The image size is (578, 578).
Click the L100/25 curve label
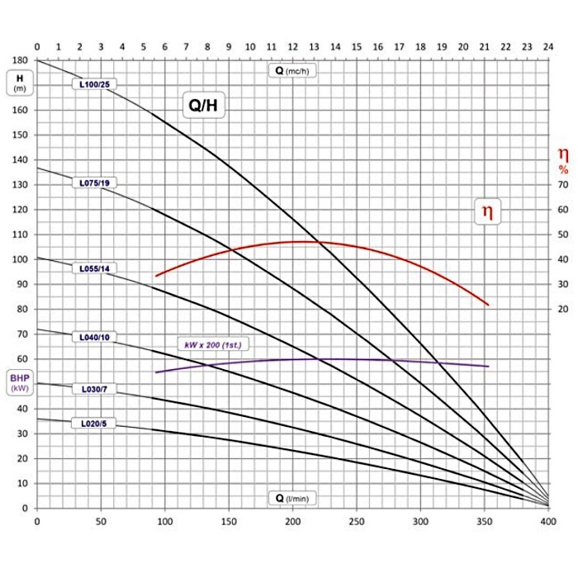point(94,84)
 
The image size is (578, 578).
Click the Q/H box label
point(202,106)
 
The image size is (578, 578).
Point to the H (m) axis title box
point(18,84)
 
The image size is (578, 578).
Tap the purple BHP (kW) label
point(18,384)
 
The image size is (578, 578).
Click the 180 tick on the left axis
point(19,60)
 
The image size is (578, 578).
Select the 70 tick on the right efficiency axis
point(563,185)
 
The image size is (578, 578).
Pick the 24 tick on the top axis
point(548,47)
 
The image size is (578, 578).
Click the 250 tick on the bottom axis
point(357,522)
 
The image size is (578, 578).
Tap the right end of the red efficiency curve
point(488,305)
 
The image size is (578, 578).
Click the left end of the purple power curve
point(156,372)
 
